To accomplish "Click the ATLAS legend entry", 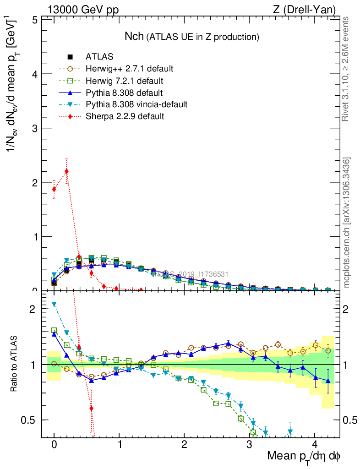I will [99, 57].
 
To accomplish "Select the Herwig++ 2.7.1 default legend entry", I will [129, 69].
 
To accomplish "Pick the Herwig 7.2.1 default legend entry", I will [125, 81].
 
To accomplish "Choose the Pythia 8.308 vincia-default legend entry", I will [136, 104].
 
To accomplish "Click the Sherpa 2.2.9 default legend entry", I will [125, 116].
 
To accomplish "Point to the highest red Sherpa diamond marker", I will [67, 171].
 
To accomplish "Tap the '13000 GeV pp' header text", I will [82, 9].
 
